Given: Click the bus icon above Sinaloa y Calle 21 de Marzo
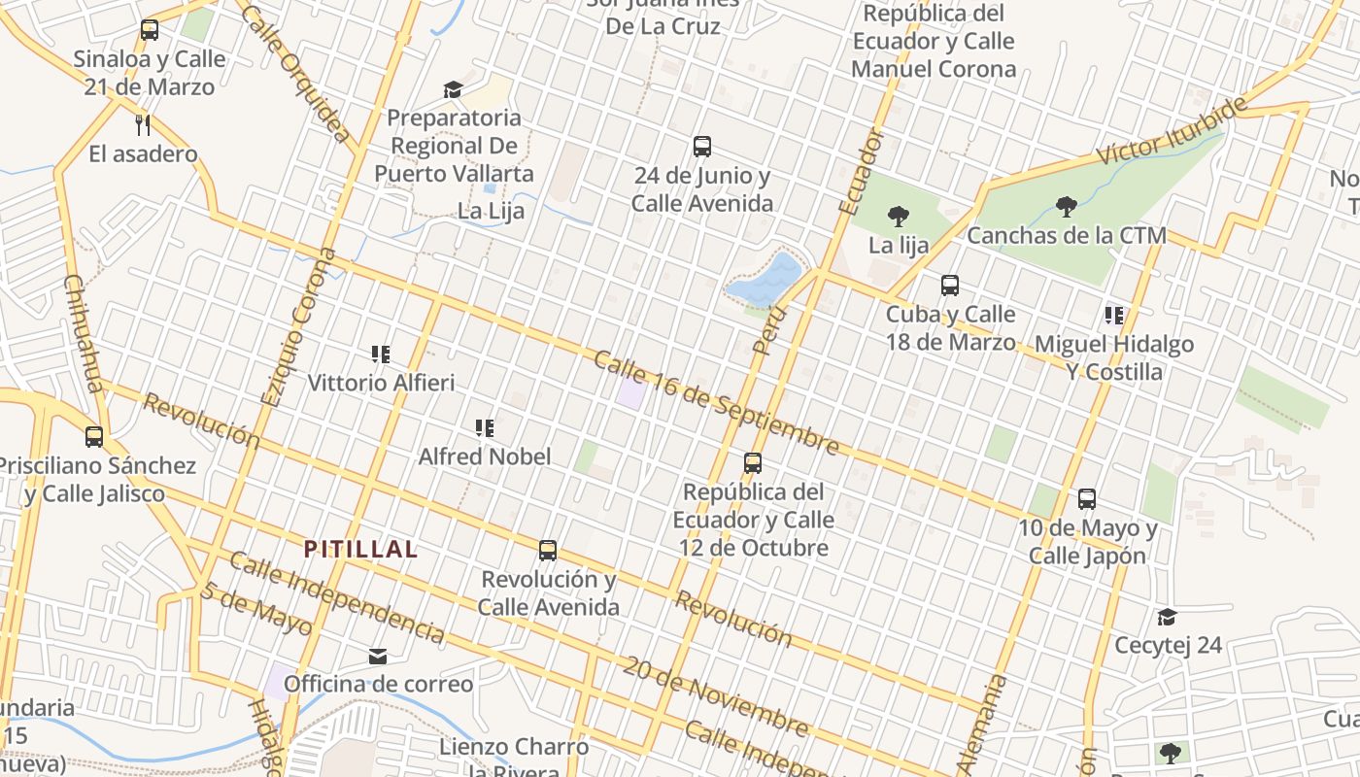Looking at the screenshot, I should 149,30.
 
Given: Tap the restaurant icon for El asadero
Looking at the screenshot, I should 143,124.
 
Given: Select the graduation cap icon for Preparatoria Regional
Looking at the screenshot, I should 453,89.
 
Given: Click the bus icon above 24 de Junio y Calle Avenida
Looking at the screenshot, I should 702,147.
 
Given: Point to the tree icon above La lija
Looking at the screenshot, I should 899,217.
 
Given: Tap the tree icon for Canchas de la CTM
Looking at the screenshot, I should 1066,206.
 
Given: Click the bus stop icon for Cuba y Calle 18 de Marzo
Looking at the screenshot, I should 950,286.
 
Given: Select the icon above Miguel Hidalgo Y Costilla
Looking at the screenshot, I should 1113,315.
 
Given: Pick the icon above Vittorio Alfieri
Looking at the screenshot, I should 380,355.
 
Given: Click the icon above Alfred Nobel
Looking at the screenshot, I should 484,427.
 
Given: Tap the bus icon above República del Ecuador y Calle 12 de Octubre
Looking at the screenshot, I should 753,463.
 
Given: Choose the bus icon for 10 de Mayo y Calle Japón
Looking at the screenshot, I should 1087,499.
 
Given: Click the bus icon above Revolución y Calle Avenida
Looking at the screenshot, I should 548,551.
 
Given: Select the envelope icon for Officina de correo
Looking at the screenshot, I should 378,657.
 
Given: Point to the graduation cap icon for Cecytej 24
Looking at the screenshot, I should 1167,617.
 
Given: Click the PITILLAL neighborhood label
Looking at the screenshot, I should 360,549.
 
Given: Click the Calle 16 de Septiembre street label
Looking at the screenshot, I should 716,403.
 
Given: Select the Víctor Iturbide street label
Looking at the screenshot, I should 1170,131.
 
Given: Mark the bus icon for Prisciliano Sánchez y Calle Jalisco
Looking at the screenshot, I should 94,437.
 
